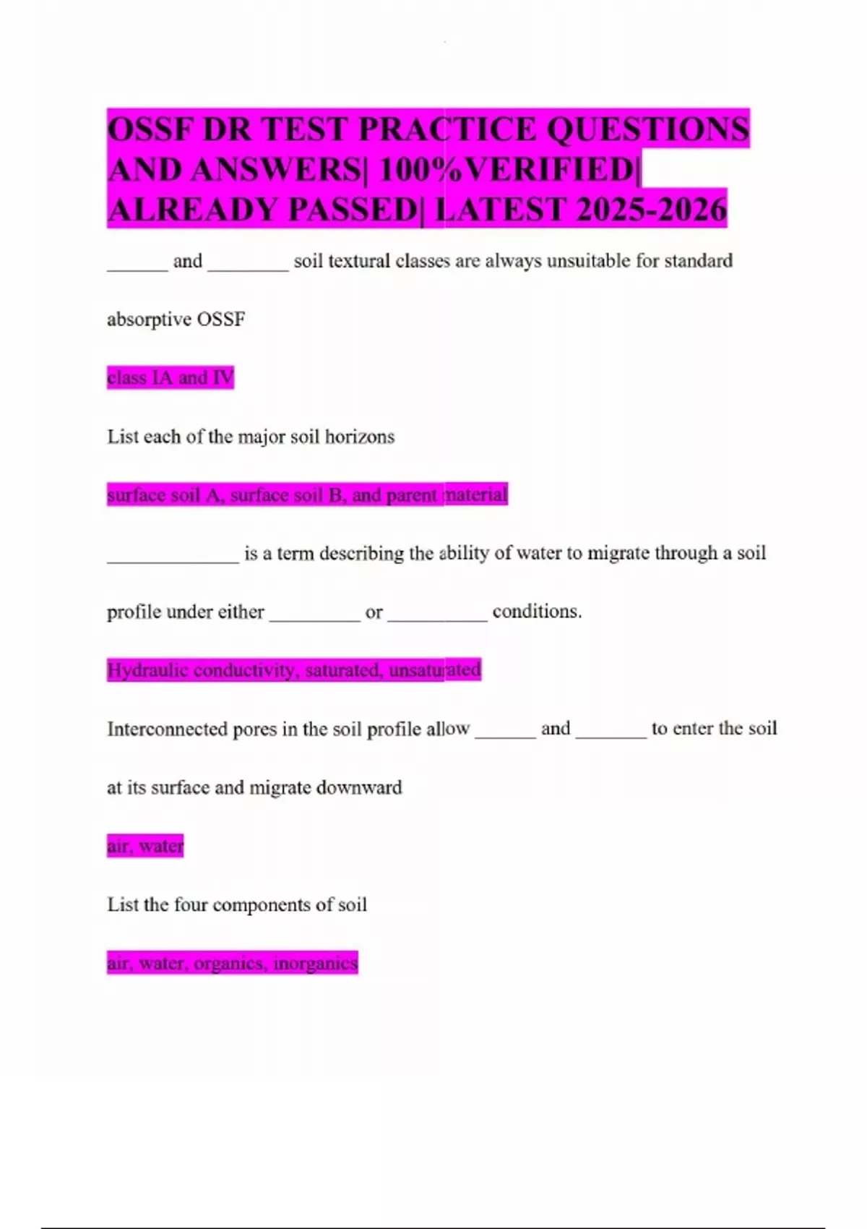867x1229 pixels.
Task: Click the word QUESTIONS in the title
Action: pos(647,130)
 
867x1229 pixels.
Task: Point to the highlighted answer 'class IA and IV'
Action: pos(171,377)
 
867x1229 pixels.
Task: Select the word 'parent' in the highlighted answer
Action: pos(412,495)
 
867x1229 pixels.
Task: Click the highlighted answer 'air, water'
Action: pos(145,846)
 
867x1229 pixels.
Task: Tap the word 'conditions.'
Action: pos(537,612)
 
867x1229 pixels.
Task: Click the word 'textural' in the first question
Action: pos(359,261)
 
